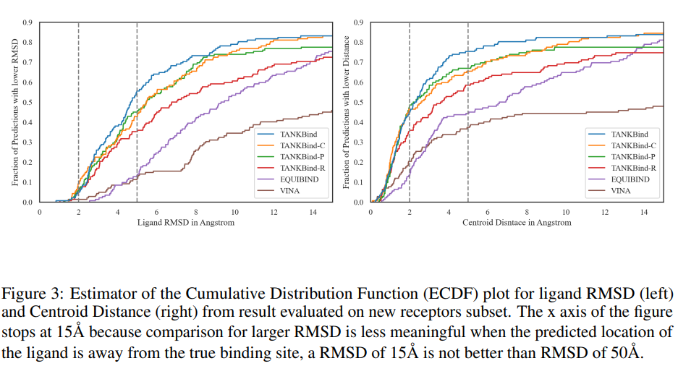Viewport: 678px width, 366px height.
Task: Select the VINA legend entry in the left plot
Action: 289,190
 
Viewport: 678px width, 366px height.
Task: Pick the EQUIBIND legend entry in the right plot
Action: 630,179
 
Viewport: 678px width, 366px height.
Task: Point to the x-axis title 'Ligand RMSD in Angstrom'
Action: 185,223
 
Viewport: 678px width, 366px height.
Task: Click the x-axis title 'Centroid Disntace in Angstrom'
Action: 517,223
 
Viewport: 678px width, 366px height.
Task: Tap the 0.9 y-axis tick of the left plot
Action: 27,22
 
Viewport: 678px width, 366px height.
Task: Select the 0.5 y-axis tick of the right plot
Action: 357,102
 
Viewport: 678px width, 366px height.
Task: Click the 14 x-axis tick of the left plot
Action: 313,212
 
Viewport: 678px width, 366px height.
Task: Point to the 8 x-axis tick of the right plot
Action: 527,212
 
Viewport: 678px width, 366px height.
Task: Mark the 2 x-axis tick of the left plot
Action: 78,212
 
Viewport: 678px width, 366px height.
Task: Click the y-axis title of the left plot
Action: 14,112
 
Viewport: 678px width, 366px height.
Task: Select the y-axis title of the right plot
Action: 345,112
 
